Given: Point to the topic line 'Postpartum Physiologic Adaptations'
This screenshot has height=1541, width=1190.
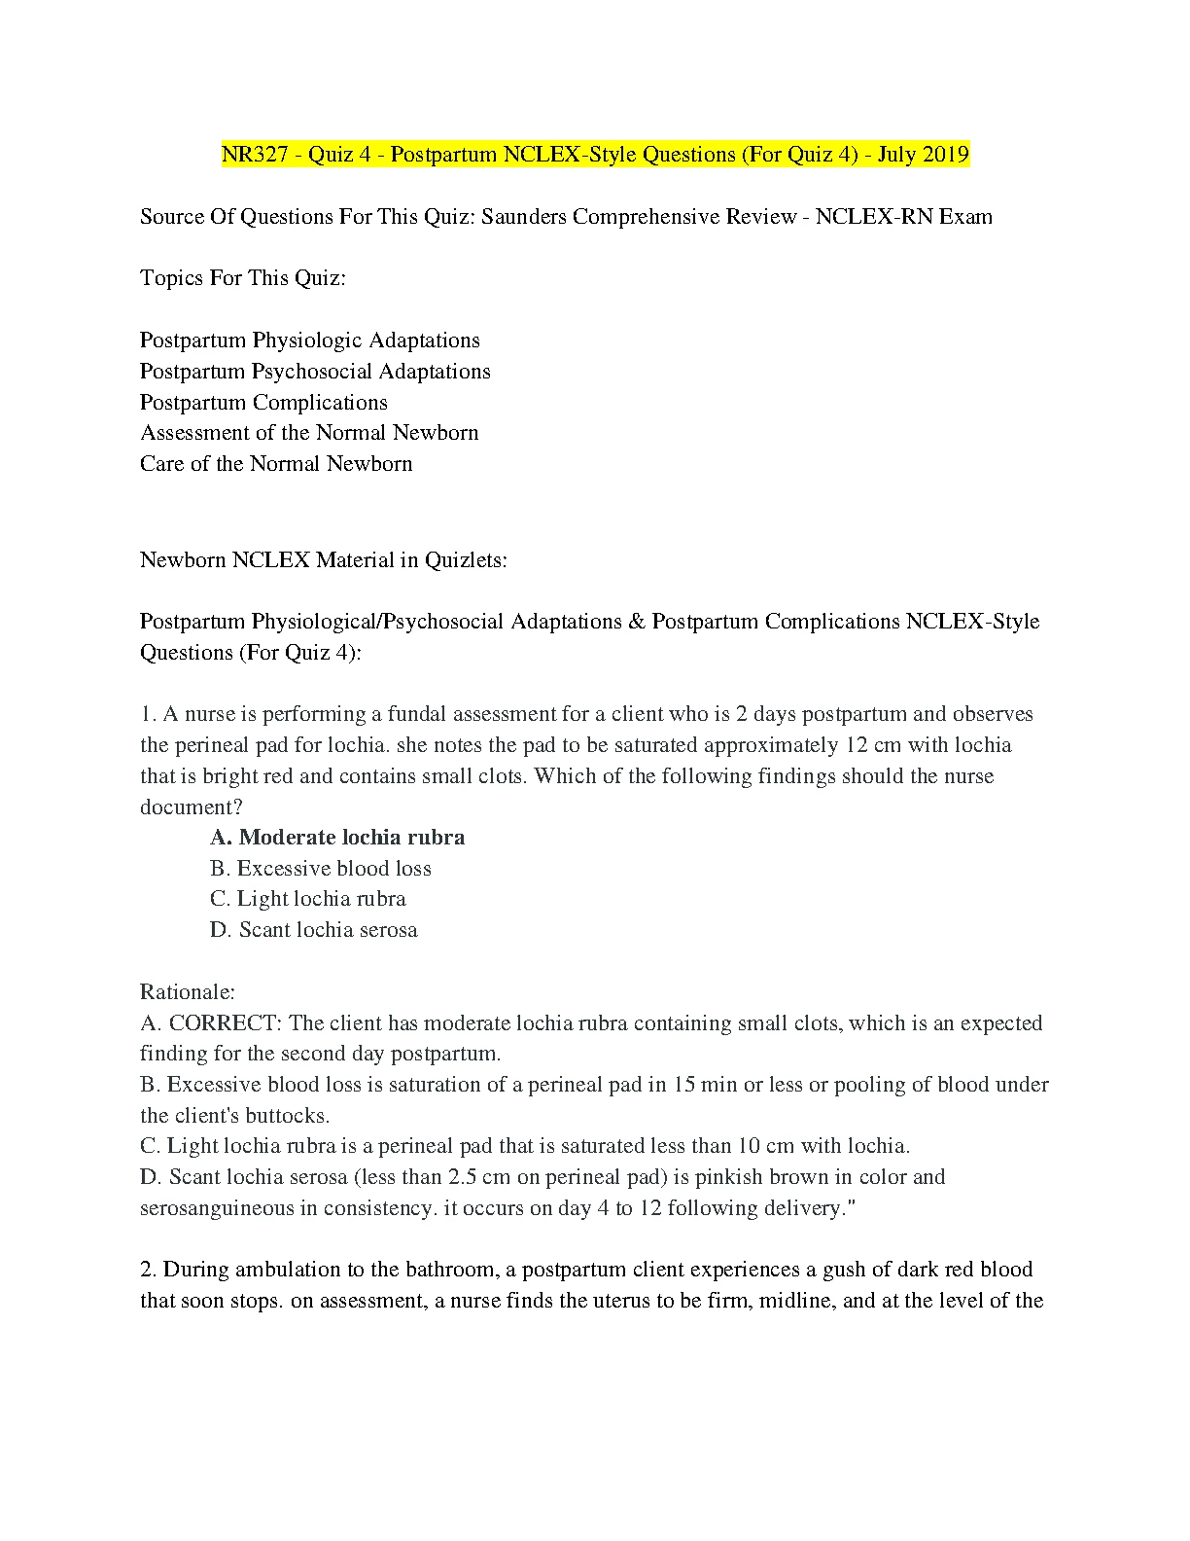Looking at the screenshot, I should (x=310, y=340).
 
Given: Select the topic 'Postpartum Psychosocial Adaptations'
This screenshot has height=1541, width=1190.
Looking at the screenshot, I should (x=315, y=372).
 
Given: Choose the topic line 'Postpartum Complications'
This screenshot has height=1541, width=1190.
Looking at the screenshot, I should (x=263, y=403).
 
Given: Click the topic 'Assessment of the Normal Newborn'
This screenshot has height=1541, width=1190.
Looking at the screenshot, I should (x=309, y=433).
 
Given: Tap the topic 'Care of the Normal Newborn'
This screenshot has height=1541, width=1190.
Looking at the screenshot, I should (x=276, y=464).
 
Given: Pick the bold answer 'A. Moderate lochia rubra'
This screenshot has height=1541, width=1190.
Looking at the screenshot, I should (x=337, y=838).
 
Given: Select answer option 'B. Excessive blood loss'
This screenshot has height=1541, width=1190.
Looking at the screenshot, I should (x=321, y=869).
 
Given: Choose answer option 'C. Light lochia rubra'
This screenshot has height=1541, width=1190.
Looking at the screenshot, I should (x=308, y=899).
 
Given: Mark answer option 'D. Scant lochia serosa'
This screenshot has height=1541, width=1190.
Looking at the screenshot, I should (x=314, y=930).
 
